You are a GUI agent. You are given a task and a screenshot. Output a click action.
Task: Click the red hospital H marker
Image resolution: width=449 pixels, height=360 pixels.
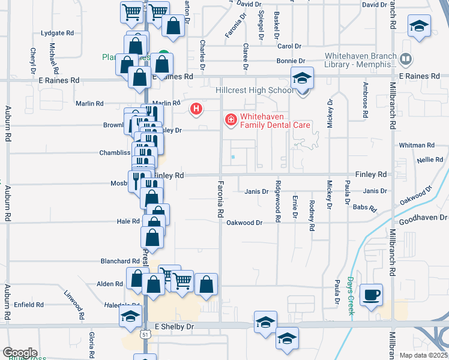(x=196, y=109)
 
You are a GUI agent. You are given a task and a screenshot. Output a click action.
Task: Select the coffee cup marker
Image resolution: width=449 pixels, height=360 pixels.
(x=372, y=294)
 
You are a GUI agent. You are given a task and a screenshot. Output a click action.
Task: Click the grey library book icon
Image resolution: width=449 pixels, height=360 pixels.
(x=406, y=59)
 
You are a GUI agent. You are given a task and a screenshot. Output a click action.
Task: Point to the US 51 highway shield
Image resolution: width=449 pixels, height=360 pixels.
(x=145, y=333)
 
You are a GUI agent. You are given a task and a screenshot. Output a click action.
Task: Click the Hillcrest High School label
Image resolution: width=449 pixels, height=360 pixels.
(x=255, y=91)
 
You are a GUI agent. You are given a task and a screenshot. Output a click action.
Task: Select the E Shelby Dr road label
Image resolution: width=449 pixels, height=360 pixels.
(x=175, y=326)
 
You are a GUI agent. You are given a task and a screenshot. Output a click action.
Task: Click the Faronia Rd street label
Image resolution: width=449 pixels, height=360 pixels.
(x=220, y=198)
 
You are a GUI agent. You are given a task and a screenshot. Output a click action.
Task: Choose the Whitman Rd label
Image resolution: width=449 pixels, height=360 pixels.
(x=417, y=145)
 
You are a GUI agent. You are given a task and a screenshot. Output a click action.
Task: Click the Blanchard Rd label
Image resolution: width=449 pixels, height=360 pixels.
(x=120, y=261)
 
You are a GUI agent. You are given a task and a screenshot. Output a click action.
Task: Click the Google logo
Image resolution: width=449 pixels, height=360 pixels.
(x=19, y=353)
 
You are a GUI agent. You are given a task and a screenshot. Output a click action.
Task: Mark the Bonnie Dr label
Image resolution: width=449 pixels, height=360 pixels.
(x=291, y=61)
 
